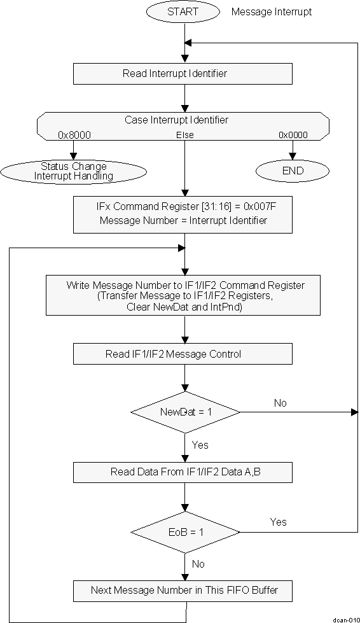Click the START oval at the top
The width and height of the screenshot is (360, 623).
click(183, 11)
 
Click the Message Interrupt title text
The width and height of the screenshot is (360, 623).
click(272, 11)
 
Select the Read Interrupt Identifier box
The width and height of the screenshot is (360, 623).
click(183, 74)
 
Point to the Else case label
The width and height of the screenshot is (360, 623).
click(184, 135)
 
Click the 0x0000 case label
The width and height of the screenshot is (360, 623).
click(293, 135)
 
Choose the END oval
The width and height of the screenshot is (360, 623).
click(293, 171)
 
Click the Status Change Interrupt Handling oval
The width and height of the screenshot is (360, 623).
click(74, 171)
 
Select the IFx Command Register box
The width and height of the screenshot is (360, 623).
click(183, 214)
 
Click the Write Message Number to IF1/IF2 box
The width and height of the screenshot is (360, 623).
click(183, 295)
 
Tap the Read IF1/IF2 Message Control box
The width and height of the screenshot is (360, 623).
click(183, 354)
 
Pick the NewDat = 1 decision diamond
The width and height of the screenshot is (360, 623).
click(184, 412)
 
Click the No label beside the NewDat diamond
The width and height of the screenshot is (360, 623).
click(280, 403)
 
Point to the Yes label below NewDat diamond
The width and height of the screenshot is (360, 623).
click(200, 445)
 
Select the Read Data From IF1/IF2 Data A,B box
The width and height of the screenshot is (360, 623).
click(183, 472)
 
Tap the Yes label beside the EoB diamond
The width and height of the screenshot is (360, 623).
click(279, 522)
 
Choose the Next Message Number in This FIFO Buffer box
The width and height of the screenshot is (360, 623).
click(183, 590)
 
